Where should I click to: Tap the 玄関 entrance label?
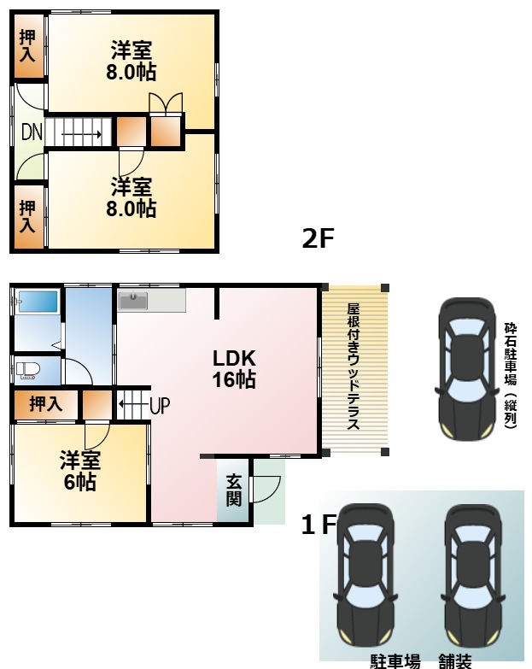[x=233, y=490]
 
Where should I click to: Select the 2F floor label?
[x=317, y=238]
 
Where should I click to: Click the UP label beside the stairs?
[x=159, y=405]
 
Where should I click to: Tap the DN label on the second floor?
[x=32, y=133]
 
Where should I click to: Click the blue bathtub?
[x=37, y=302]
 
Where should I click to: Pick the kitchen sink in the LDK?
[x=133, y=301]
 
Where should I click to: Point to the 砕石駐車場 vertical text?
[x=510, y=373]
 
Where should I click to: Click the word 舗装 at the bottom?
[x=455, y=660]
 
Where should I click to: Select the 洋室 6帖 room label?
[x=80, y=472]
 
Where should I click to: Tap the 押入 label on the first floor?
[x=46, y=404]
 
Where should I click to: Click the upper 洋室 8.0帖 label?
[x=131, y=61]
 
